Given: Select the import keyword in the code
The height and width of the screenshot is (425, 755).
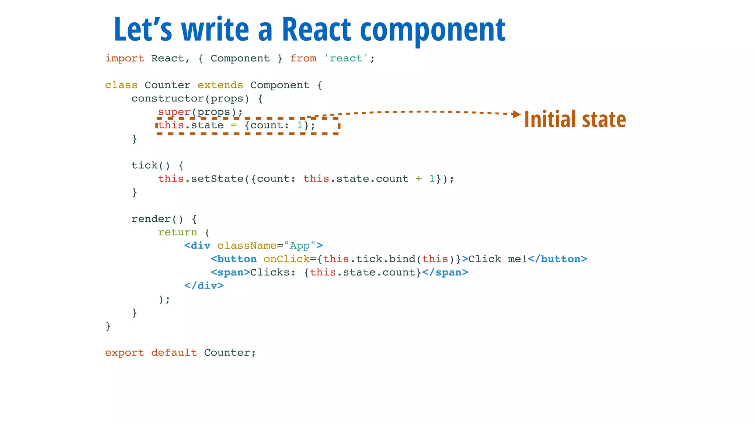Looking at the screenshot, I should (125, 58).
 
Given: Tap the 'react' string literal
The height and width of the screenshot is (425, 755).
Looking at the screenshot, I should (346, 58).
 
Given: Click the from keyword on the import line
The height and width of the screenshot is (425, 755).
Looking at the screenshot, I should (303, 58).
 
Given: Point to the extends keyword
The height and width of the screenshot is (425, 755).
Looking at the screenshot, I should (220, 85).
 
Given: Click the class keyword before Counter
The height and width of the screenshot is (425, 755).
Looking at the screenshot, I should (121, 85).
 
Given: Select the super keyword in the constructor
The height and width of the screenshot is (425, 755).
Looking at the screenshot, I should (174, 112).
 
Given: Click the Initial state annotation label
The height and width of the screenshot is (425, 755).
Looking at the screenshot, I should (575, 120).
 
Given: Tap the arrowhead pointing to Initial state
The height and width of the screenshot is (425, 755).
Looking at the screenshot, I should (516, 114).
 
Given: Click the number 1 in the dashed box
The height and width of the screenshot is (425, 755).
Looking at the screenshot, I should (300, 125).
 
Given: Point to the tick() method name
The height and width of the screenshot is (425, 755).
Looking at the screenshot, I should (145, 165).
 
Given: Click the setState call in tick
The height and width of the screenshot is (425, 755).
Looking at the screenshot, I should (217, 179).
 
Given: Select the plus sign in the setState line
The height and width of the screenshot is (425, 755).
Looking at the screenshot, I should (419, 179).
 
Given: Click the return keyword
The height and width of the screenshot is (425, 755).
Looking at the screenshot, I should (177, 232).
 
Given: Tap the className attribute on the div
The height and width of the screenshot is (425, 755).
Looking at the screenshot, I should (247, 246).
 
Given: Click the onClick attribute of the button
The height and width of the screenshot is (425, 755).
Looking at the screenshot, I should (286, 259).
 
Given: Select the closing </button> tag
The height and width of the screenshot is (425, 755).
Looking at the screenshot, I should (557, 259).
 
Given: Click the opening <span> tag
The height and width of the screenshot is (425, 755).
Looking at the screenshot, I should (230, 273).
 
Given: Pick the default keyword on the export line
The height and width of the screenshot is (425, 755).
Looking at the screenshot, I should (174, 353).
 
